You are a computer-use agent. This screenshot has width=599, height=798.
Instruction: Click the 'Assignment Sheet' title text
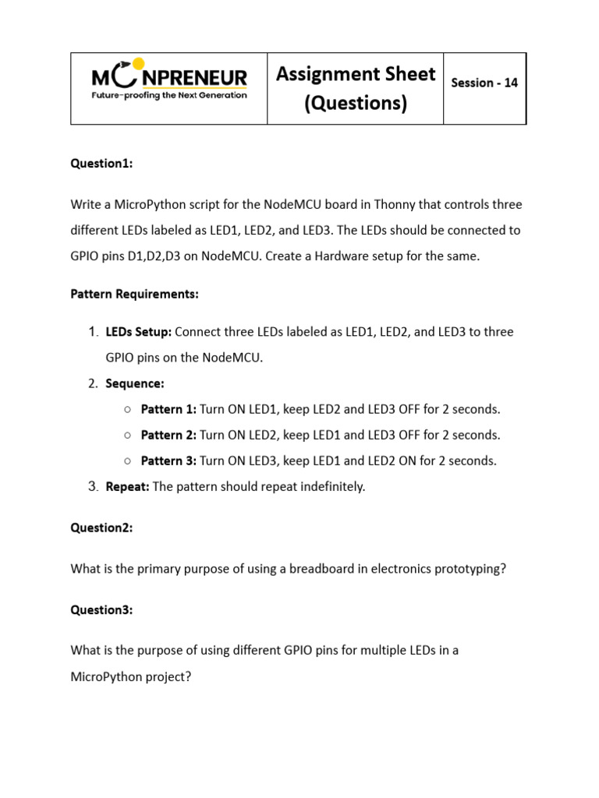(356, 74)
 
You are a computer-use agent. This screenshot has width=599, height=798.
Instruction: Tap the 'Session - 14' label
(484, 83)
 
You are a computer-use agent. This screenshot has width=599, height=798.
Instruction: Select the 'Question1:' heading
(102, 164)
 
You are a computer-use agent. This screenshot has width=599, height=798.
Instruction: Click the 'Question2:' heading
(102, 528)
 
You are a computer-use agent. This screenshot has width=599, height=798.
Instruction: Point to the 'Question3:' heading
(102, 610)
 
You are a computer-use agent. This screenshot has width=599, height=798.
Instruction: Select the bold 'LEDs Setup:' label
(139, 332)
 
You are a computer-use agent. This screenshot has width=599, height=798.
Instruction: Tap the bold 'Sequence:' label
(135, 383)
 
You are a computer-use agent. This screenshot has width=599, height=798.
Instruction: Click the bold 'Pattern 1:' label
(168, 409)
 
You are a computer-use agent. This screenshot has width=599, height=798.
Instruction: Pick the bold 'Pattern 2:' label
(168, 435)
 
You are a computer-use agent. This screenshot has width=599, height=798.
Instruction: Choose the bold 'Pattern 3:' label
(168, 461)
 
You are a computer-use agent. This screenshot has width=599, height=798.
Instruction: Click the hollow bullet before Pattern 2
(127, 435)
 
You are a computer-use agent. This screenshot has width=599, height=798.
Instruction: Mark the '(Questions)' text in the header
(356, 103)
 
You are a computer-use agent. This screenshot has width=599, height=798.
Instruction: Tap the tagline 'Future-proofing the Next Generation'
(169, 95)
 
